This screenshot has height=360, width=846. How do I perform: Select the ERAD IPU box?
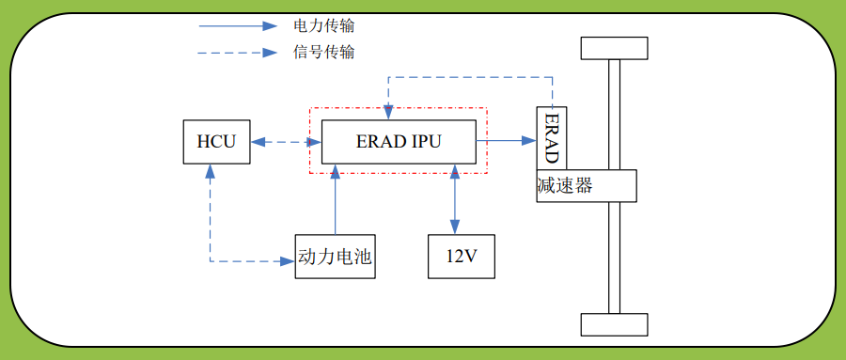click(398, 142)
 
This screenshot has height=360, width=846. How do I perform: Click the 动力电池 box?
click(335, 257)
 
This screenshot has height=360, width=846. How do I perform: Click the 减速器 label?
click(565, 185)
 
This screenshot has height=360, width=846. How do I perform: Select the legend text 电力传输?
click(323, 25)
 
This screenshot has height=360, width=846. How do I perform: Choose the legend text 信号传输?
click(323, 53)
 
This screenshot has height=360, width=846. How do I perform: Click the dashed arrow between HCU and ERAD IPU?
click(286, 142)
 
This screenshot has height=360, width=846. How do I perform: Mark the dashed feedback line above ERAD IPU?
click(470, 76)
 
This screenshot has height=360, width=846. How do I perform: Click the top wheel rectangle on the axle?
click(615, 47)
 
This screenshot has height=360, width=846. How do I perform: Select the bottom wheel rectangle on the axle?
click(615, 324)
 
